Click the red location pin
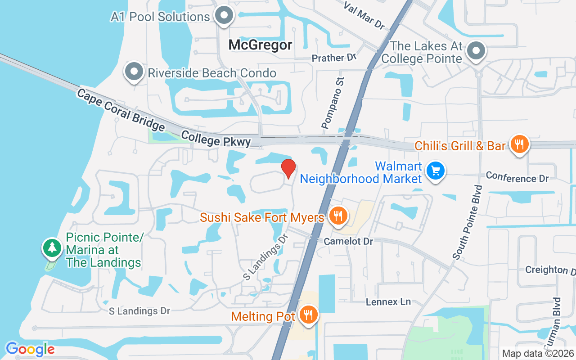pos(288,168)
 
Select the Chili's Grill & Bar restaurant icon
pos(519,144)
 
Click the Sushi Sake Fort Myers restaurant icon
pos(337,216)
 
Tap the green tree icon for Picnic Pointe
pos(52,247)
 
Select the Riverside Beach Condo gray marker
pos(134,72)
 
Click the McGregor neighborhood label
pos(260,45)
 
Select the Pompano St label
pos(333,103)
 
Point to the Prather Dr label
pos(334,58)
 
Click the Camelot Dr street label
pos(348,241)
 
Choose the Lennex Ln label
pos(388,301)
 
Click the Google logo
pos(30,349)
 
